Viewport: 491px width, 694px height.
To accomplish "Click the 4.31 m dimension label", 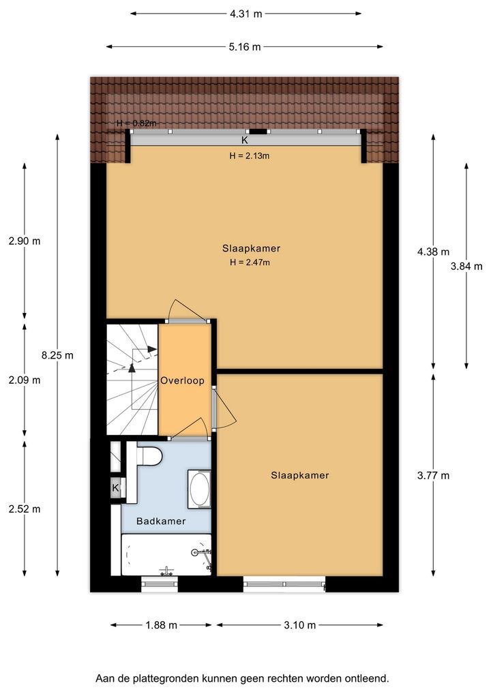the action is (245, 14).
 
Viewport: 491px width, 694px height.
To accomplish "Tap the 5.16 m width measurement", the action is (245, 46).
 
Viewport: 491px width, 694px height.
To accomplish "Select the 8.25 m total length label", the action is (57, 355).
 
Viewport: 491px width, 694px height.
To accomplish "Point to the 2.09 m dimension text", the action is (25, 380).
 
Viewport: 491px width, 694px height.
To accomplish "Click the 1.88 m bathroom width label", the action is (161, 625).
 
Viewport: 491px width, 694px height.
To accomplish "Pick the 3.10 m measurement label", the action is (300, 625).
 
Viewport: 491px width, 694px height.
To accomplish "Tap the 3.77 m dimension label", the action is (433, 475).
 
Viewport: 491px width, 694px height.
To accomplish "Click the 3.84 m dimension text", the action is (466, 266).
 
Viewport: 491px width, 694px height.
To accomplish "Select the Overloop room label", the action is (182, 380).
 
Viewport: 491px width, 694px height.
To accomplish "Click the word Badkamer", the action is (161, 521).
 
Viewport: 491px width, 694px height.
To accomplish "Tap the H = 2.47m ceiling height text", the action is (250, 262).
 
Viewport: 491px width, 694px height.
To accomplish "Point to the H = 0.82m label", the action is (136, 123).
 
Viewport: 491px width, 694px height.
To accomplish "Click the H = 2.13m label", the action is (250, 156).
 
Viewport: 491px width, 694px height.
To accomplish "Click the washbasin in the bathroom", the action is (199, 489).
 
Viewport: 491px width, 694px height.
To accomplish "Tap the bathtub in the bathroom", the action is (166, 554).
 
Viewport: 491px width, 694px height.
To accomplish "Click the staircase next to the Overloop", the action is (132, 379).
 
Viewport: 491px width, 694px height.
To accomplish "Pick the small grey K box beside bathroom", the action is (115, 488).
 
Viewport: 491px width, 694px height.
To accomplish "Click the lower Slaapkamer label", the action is (300, 475).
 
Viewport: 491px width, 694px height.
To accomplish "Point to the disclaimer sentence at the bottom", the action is (242, 678).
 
